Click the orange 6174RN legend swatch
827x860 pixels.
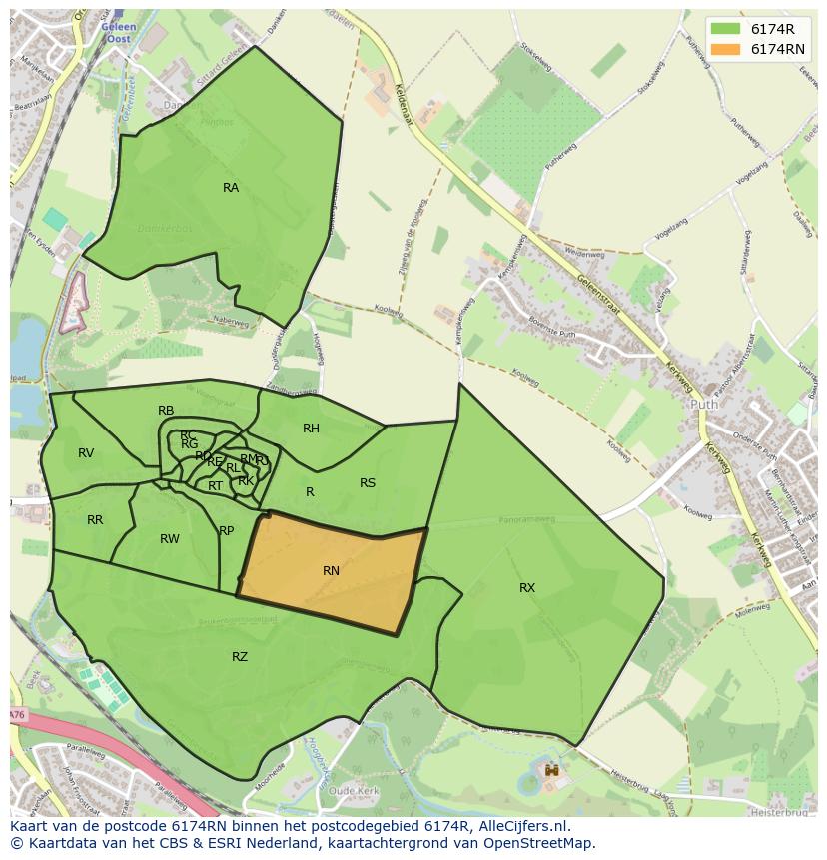(726, 49)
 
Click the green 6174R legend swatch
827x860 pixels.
(726, 29)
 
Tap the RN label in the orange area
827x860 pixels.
(331, 571)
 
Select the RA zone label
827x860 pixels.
(231, 188)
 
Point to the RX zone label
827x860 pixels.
(527, 588)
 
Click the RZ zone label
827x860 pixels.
(240, 657)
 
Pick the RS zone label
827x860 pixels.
(368, 483)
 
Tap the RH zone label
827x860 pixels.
(311, 429)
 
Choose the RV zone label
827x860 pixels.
(86, 453)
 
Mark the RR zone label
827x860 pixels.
(95, 520)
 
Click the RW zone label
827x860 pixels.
(170, 539)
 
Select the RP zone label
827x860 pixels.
(227, 531)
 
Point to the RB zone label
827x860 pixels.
(166, 411)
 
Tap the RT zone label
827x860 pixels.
(216, 486)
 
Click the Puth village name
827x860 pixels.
(704, 405)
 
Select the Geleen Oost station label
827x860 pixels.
(118, 32)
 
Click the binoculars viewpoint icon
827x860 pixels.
(551, 770)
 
